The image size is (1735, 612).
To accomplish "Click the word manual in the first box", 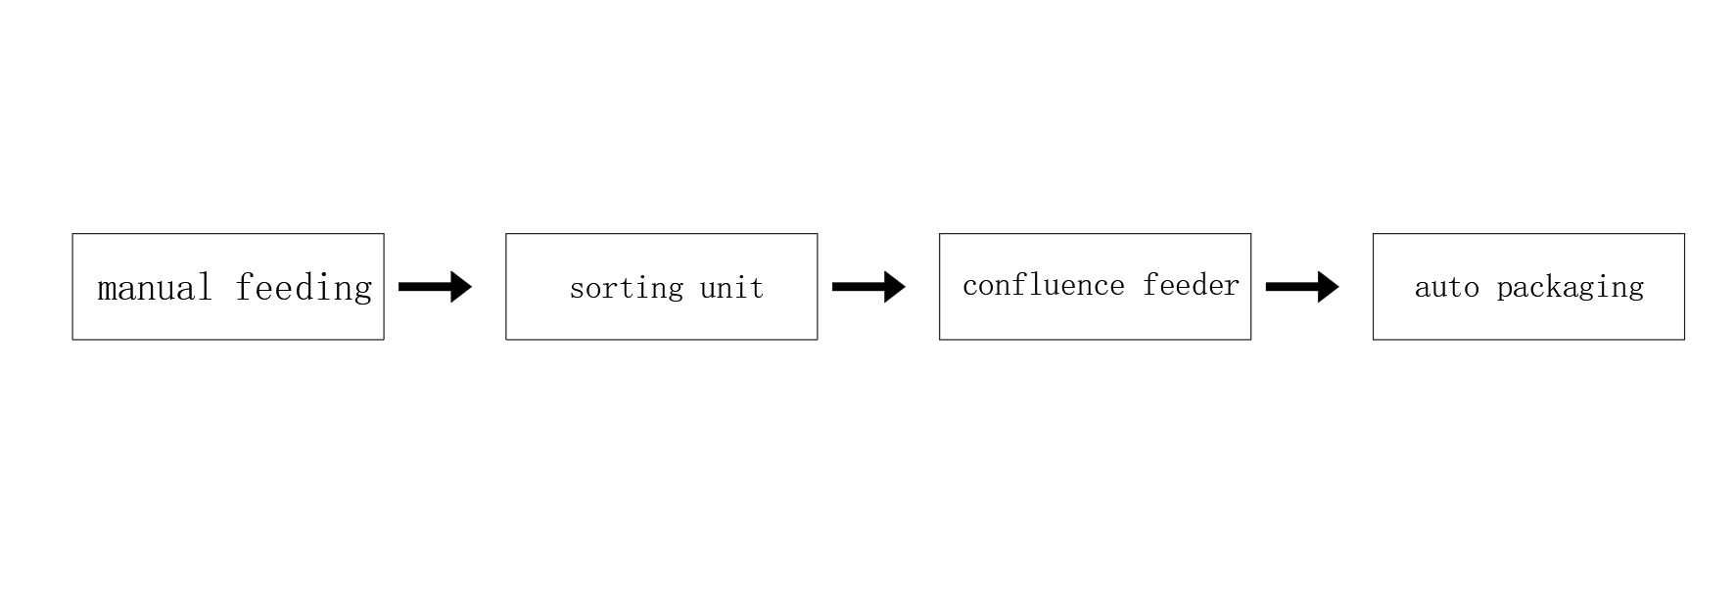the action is coord(155,287).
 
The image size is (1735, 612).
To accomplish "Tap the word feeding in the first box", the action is coord(304,289).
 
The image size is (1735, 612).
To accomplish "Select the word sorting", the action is coord(627,289).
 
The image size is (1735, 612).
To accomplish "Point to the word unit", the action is coord(731,288).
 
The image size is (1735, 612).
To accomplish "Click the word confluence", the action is coord(1044,285).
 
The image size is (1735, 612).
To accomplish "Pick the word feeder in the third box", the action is coord(1191,285).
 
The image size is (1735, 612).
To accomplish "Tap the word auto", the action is coord(1447,287).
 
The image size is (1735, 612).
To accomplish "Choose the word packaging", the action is coord(1571,288).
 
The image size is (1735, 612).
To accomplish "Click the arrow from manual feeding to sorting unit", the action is coord(436,287).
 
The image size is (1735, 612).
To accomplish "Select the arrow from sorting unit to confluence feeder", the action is coord(869,287).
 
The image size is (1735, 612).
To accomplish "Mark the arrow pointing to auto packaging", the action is coord(1303,287).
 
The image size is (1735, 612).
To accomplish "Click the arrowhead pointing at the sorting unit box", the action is coord(461,287).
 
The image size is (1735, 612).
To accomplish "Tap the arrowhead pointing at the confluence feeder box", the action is coord(895,287).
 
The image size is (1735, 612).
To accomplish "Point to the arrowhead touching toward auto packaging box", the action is coord(1329,287).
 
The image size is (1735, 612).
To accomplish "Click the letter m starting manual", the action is coord(108,291).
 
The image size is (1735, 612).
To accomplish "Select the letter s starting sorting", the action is coord(578,290).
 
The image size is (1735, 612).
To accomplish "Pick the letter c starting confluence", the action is coord(971,287).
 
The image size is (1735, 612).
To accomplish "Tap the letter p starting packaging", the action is coord(1505,291).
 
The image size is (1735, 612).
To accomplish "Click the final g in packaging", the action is coord(1636,291).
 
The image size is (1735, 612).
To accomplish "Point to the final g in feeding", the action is coord(363,294).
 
